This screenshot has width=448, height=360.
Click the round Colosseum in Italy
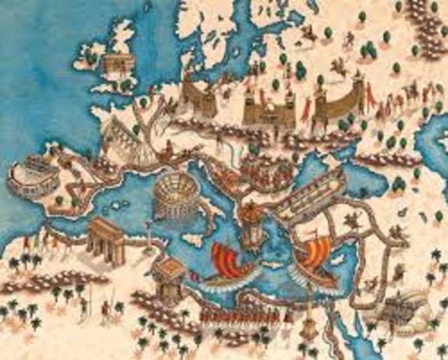point(173,196)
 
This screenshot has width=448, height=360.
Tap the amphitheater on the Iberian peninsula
point(28,174)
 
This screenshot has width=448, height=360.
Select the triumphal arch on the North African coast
point(106,241)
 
